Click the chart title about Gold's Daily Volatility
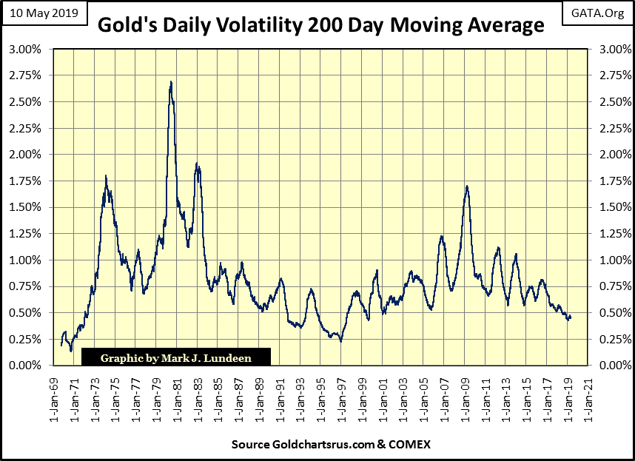click(320, 26)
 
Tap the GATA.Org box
click(598, 12)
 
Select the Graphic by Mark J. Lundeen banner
click(175, 358)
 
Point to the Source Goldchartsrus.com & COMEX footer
click(320, 445)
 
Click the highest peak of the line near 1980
click(171, 82)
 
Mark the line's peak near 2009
click(467, 186)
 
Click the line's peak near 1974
click(106, 176)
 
